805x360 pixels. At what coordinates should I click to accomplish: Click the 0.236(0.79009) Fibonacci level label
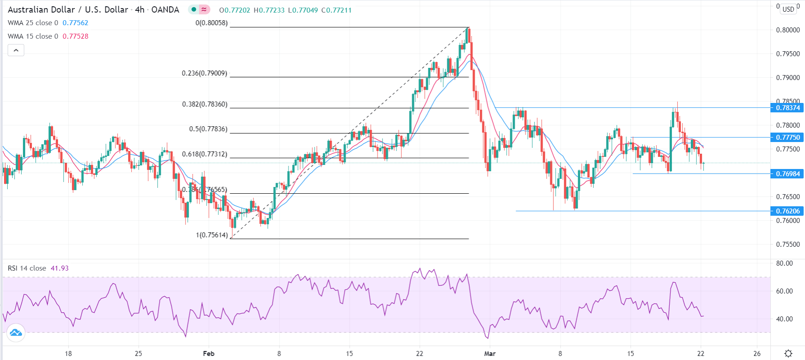[x=205, y=73]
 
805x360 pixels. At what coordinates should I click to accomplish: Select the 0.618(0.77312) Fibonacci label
[x=205, y=154]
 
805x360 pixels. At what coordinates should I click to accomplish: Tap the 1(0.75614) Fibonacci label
[x=212, y=235]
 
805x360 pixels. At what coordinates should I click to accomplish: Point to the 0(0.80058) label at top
[x=211, y=23]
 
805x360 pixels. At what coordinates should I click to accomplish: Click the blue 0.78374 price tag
[x=787, y=108]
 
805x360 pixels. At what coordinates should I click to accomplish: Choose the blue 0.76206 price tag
[x=787, y=211]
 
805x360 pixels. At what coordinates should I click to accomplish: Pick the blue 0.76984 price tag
[x=787, y=173]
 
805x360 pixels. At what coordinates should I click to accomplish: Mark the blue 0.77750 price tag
[x=787, y=137]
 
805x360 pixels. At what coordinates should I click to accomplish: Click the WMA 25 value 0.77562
[x=75, y=23]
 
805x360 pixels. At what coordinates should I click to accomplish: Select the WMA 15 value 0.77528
[x=75, y=36]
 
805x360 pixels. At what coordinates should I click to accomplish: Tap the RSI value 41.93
[x=59, y=268]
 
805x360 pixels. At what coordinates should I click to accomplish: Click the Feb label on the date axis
[x=209, y=353]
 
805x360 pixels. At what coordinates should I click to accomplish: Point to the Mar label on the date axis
[x=489, y=353]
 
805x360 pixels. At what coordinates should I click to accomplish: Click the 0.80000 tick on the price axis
[x=787, y=30]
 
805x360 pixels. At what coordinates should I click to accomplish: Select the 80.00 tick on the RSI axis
[x=784, y=263]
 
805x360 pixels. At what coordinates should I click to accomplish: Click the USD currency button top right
[x=788, y=9]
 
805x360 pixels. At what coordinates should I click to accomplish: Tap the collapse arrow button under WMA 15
[x=16, y=50]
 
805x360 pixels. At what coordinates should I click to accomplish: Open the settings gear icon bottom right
[x=788, y=353]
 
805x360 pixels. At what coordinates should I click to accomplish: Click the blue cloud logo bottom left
[x=16, y=333]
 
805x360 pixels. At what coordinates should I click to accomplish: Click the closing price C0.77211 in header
[x=336, y=10]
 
